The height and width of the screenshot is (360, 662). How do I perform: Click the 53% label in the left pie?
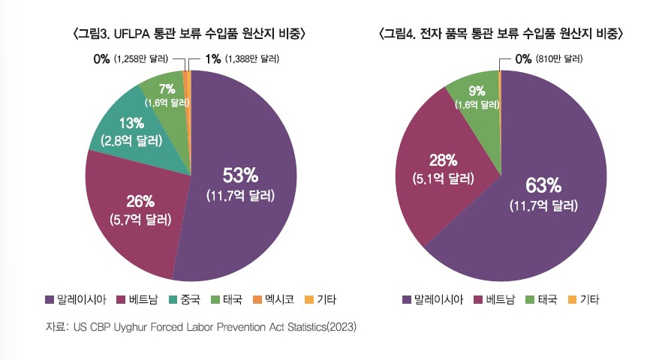pyautogui.click(x=240, y=175)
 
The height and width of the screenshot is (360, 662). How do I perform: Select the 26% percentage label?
pyautogui.click(x=140, y=200)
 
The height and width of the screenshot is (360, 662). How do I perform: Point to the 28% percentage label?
pyautogui.click(x=442, y=159)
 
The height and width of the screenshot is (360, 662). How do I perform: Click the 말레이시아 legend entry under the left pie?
pyautogui.click(x=74, y=300)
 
